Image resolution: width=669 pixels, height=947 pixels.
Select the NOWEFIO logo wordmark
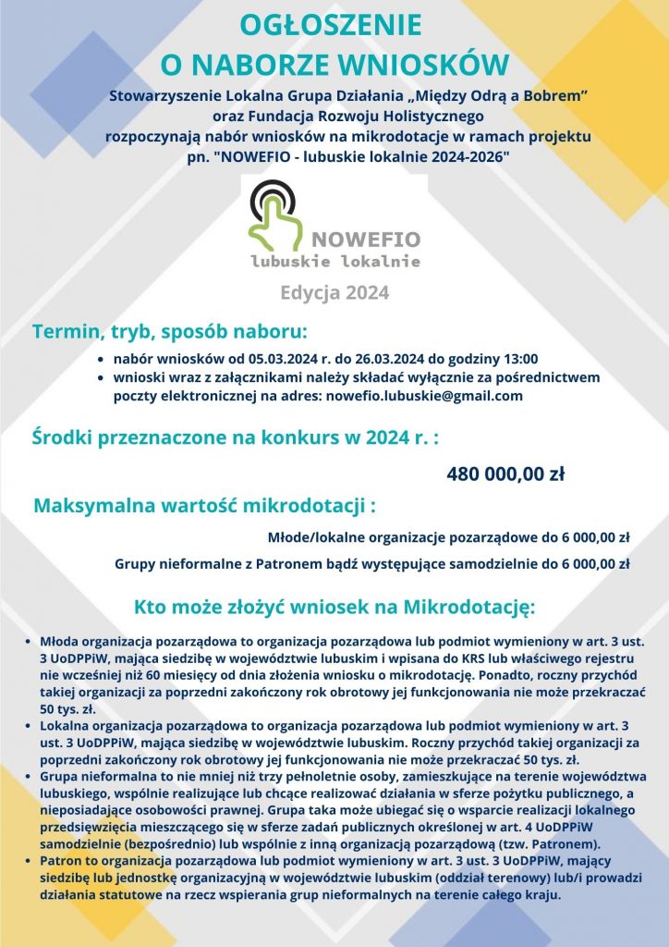click(366, 240)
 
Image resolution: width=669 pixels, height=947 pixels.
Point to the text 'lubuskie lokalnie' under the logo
click(335, 262)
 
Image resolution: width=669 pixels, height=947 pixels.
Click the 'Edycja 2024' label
click(334, 293)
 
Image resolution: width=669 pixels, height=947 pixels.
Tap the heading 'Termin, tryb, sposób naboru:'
click(169, 332)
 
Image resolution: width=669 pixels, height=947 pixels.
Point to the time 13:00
click(518, 359)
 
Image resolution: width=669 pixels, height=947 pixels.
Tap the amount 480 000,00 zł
click(505, 475)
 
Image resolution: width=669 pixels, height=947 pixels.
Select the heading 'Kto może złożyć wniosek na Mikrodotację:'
click(334, 608)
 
